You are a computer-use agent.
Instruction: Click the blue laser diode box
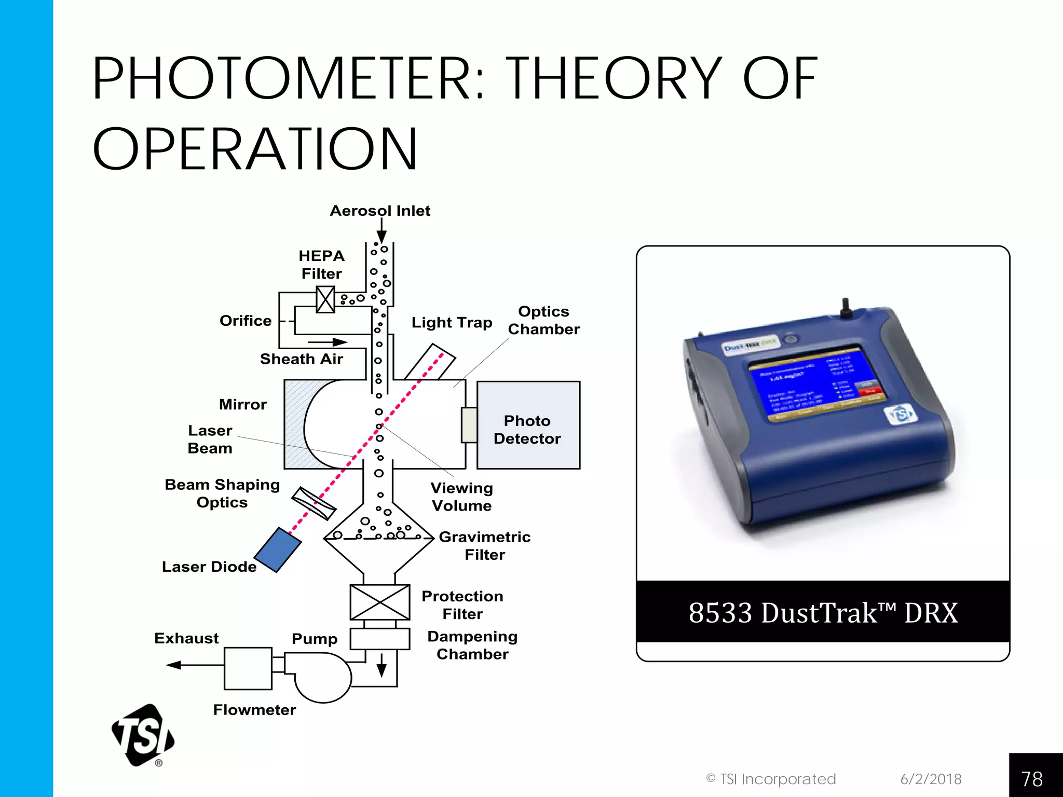point(278,550)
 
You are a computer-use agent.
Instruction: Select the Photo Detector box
point(528,425)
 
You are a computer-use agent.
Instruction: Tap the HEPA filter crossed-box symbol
point(325,300)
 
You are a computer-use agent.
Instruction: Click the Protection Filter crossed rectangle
point(380,602)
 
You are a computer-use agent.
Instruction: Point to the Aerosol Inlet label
point(380,211)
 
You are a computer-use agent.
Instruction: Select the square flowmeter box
point(248,668)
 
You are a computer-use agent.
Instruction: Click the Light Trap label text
point(452,323)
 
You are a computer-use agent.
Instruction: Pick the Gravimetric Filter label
point(484,545)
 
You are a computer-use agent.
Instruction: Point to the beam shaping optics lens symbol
point(314,503)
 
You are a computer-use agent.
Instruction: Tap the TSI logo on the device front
point(901,415)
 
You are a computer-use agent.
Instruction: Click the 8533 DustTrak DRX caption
point(823,613)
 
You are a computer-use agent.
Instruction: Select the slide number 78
point(1032,778)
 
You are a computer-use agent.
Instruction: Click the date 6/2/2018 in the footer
point(931,779)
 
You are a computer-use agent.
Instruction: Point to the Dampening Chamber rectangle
point(380,639)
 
